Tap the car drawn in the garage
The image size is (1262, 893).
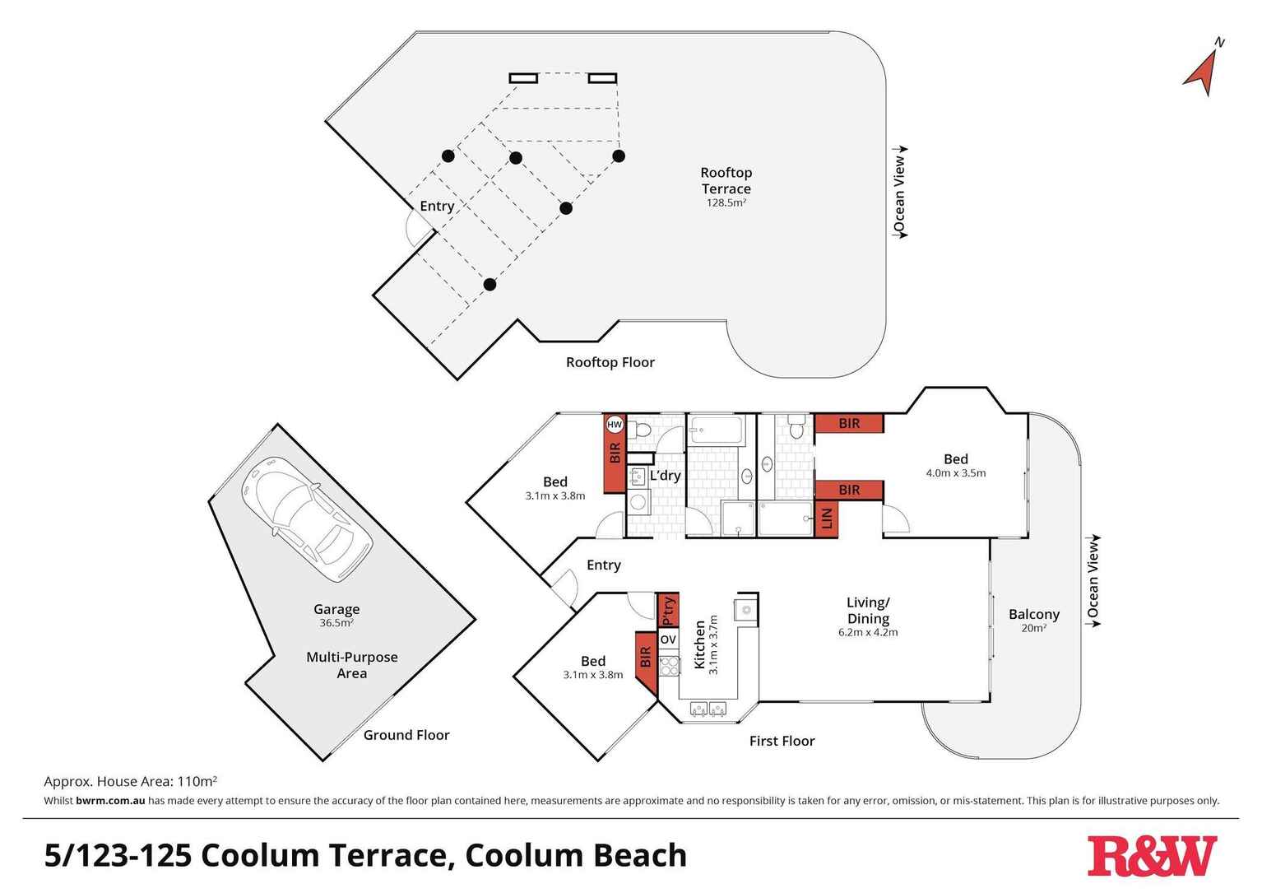[x=306, y=518]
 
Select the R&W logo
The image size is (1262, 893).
[x=1152, y=856]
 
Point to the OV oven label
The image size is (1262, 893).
[x=668, y=640]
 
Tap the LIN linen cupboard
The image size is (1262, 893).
[x=827, y=519]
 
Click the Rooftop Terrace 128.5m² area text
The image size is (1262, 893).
[x=726, y=187]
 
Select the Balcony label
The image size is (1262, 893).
[x=1033, y=614]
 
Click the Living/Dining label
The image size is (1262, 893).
[x=868, y=611]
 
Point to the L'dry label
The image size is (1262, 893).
[x=665, y=476]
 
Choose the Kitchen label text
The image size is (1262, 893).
[x=700, y=645]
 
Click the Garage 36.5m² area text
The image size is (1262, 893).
[x=336, y=615]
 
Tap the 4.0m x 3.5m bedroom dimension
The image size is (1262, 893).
[x=955, y=473]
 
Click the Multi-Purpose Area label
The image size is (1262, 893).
[x=352, y=665]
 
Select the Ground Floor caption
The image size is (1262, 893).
[x=406, y=735]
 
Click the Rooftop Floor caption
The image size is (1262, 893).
[x=610, y=362]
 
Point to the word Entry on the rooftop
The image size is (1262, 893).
[x=437, y=206]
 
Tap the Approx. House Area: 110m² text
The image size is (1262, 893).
[x=130, y=781]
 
